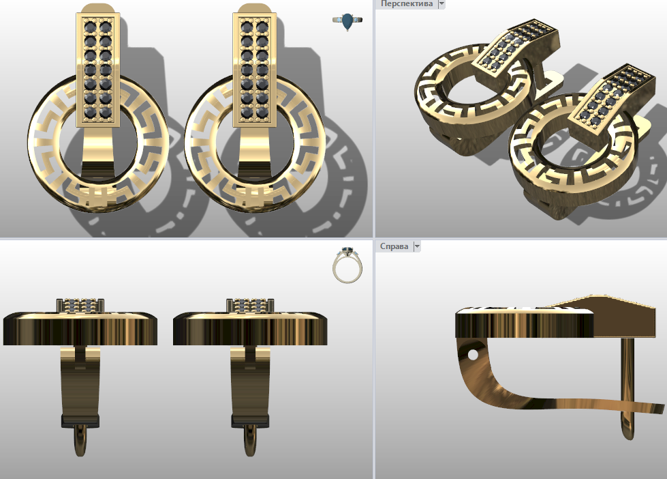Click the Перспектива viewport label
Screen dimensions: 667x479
(406, 4)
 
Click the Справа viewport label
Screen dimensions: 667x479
(394, 246)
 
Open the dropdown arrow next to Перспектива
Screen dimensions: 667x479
(441, 4)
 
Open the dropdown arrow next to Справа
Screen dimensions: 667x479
(417, 246)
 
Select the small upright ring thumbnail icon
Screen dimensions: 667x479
(347, 265)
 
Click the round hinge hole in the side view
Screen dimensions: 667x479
(473, 355)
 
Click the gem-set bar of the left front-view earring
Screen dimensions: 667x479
(98, 70)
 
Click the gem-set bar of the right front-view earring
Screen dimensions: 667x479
(254, 70)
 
